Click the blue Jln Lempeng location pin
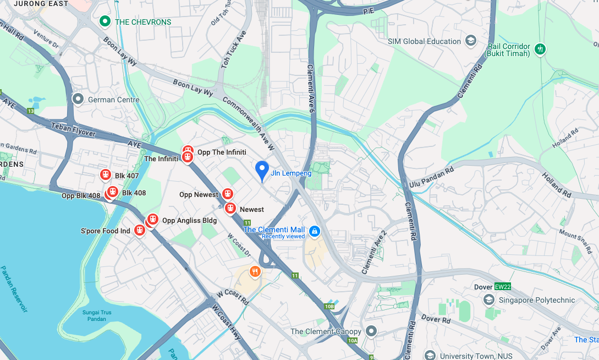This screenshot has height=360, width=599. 262,170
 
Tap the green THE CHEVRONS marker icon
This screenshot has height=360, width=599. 105,21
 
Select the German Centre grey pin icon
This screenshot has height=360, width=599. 78,100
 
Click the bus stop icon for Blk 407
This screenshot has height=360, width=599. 106,174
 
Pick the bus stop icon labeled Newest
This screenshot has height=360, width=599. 230,209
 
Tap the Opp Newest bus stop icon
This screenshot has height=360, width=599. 227,194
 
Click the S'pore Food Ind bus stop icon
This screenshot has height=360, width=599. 139,230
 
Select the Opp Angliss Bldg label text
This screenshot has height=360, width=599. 189,221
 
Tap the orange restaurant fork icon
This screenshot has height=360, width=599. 254,271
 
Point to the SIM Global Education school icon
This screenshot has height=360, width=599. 470,41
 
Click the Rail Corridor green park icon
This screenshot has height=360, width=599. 540,49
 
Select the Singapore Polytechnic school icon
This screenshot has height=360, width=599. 488,300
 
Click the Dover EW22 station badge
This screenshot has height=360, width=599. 503,287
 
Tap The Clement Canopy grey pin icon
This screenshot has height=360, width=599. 371,331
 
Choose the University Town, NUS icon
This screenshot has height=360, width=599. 430,356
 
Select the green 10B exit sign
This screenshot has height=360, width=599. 329,307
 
